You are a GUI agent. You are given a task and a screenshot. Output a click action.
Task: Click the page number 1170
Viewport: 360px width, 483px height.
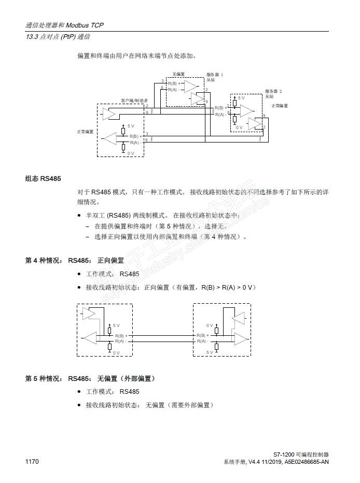coord(32,462)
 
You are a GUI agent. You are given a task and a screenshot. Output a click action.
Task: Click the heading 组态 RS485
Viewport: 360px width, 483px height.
coord(43,179)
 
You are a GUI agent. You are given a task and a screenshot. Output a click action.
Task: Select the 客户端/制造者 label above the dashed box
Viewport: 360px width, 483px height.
coord(134,101)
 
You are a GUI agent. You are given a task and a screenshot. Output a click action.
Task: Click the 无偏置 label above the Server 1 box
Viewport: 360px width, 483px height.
coord(178,75)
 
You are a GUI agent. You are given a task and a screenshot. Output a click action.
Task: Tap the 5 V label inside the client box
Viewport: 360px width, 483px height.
coord(130,126)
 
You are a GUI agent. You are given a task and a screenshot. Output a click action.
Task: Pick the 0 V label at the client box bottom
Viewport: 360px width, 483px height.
coord(130,153)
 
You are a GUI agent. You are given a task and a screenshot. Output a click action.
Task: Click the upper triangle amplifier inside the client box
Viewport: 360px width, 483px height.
coord(109,112)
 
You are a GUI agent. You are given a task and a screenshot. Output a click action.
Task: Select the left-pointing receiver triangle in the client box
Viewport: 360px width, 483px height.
coord(109,137)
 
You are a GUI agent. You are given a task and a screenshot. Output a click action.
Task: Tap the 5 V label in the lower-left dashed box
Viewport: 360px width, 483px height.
coord(116,325)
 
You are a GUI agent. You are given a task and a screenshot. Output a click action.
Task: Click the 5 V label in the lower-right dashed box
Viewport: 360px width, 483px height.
coord(210,352)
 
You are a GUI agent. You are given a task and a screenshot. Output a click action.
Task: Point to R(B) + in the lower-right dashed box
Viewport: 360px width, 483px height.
coord(202,336)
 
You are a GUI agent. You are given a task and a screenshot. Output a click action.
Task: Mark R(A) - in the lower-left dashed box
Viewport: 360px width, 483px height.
coord(120,341)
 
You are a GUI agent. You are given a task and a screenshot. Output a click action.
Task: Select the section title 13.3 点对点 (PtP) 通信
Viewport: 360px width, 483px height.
coord(58,37)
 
